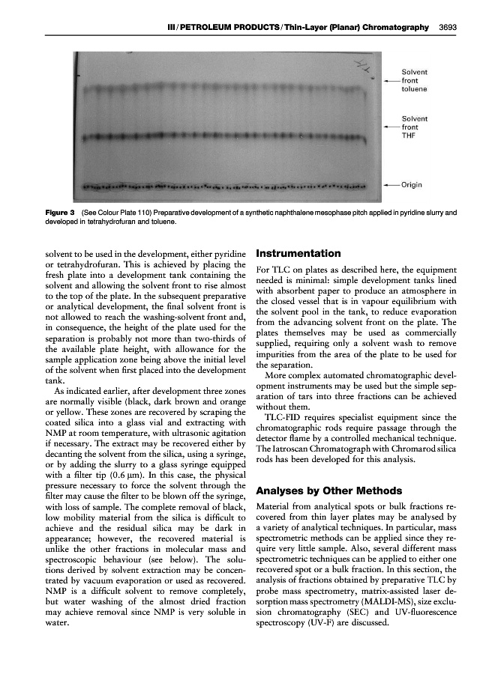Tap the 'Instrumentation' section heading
pyautogui.click(x=298, y=253)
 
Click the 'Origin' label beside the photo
pyautogui.click(x=414, y=183)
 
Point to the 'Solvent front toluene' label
pyautogui.click(x=415, y=80)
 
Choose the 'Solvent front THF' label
pyautogui.click(x=415, y=127)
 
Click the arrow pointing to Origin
pyautogui.click(x=391, y=183)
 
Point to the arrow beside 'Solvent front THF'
pyautogui.click(x=391, y=127)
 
